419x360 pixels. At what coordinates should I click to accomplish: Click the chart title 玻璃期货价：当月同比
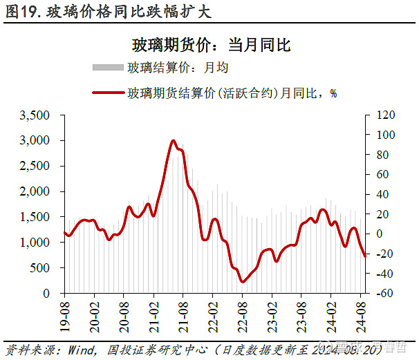(x=211, y=46)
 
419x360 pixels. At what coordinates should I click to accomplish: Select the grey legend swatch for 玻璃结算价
(x=107, y=68)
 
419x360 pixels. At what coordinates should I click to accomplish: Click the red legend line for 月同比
(x=107, y=93)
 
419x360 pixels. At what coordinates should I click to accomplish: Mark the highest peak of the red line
(x=173, y=140)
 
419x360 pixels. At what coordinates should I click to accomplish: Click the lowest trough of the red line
(x=242, y=281)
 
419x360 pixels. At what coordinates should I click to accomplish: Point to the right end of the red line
(x=365, y=256)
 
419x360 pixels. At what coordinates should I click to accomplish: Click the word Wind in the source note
(x=81, y=349)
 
